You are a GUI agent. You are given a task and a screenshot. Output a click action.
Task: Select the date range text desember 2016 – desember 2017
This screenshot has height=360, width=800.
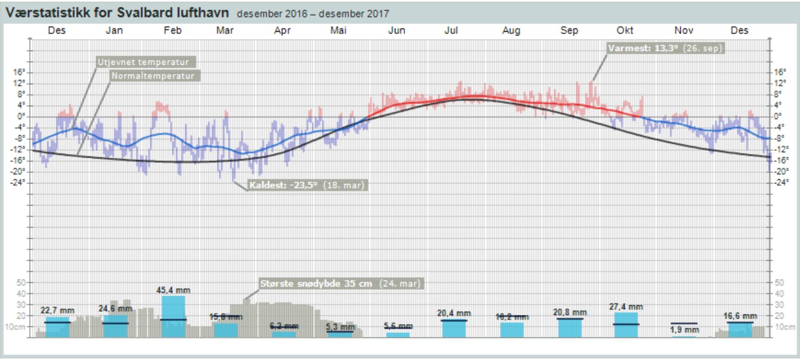(313, 13)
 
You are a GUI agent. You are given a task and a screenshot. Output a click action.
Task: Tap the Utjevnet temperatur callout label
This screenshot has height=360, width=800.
(146, 62)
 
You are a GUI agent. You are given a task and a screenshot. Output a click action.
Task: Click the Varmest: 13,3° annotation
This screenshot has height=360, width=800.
(665, 48)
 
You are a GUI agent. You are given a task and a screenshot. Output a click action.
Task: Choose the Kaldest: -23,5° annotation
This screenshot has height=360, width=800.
(307, 186)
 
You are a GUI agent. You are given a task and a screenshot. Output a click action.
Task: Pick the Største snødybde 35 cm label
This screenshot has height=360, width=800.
(340, 283)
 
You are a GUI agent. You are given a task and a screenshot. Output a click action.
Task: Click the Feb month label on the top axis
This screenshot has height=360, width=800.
(172, 31)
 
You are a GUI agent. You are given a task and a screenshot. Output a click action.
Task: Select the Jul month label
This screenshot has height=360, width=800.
(451, 31)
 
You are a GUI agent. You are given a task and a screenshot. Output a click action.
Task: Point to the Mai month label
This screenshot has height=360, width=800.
(338, 31)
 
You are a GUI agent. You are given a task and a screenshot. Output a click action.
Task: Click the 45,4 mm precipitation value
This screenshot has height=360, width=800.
(173, 290)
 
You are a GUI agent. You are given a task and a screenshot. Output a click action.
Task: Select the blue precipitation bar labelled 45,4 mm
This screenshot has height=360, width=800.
(173, 317)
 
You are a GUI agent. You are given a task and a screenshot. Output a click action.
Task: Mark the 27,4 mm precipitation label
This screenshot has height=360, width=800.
(626, 307)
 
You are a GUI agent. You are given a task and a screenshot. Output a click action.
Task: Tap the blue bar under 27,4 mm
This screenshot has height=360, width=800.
(626, 325)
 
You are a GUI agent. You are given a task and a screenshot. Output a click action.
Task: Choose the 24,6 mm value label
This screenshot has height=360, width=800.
(115, 308)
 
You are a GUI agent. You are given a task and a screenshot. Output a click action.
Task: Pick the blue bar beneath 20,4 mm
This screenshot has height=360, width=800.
(454, 328)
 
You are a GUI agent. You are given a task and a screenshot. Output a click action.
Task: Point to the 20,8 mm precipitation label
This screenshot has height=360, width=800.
(569, 312)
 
